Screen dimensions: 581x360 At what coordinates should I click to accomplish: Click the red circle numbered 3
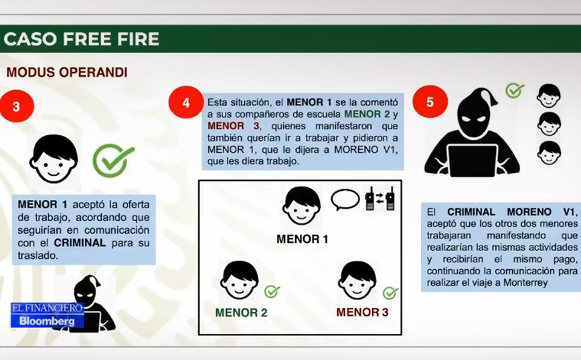[16, 106]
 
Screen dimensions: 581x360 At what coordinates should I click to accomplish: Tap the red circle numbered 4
[185, 102]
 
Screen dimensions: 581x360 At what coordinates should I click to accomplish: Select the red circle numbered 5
[430, 102]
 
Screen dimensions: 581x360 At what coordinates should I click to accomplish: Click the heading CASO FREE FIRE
[82, 39]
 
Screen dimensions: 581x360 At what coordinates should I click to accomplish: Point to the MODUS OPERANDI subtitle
[67, 72]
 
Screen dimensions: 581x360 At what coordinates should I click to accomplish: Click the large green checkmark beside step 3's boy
[113, 161]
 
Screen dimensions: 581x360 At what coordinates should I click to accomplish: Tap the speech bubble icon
[345, 200]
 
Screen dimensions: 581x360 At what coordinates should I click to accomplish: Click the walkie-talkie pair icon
[380, 199]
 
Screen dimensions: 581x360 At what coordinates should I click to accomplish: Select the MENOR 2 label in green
[241, 312]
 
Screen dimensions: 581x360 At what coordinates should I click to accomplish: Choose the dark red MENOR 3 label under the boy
[362, 312]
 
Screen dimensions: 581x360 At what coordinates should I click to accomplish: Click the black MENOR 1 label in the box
[303, 239]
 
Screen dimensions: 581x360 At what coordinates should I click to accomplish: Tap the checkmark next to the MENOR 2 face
[272, 292]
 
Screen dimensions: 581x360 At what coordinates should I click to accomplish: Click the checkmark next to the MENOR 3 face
[390, 293]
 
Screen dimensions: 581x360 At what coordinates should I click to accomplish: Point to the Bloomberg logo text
[47, 321]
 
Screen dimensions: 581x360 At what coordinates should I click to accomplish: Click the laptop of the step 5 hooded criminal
[473, 161]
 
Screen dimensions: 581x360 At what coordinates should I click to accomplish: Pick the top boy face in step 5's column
[549, 96]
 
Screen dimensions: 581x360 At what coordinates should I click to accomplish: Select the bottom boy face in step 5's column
[549, 153]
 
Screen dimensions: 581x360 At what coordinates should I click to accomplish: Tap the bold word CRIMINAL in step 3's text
[80, 243]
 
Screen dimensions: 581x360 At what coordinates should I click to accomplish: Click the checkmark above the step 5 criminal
[515, 90]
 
